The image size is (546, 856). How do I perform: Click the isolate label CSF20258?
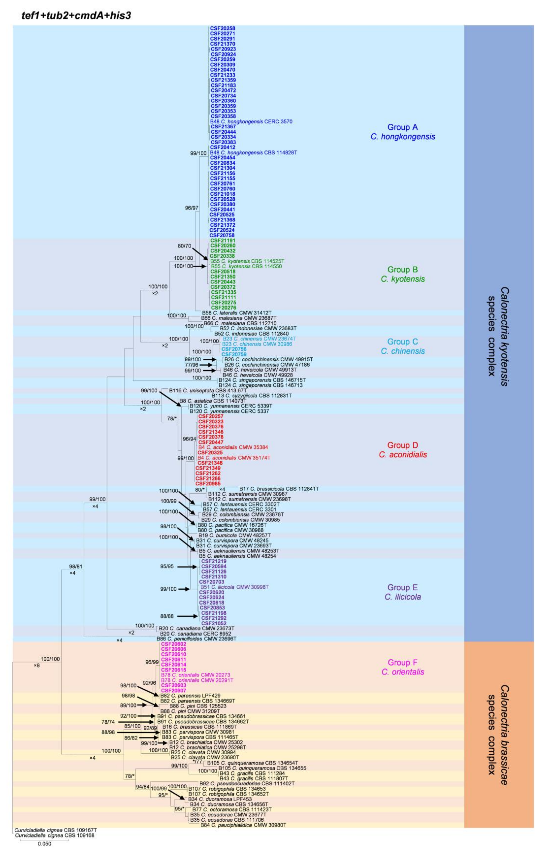[222, 28]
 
